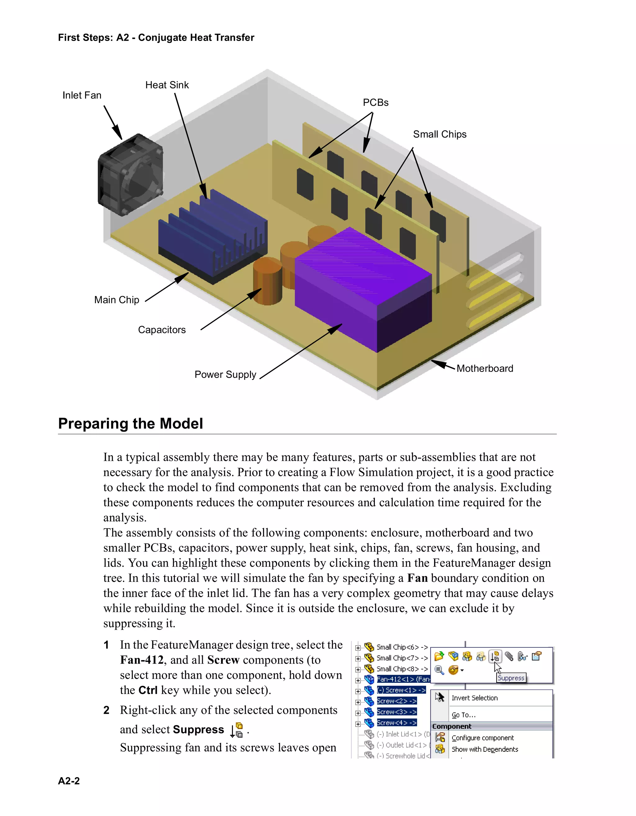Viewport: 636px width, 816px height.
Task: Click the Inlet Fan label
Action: click(x=82, y=95)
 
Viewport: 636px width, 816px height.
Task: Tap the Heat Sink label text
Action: click(x=167, y=85)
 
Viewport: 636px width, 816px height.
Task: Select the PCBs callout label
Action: click(x=375, y=103)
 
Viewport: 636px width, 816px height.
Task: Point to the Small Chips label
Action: click(x=439, y=134)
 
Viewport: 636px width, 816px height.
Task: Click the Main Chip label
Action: click(x=116, y=300)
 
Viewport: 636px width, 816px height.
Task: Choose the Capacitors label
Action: click(x=162, y=330)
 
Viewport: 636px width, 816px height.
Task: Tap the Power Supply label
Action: click(x=225, y=375)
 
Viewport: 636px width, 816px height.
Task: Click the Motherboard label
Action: click(x=485, y=369)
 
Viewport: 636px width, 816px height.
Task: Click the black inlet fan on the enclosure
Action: click(x=130, y=175)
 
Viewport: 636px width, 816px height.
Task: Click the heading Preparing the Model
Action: click(x=130, y=424)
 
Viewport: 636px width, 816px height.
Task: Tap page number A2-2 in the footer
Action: click(x=69, y=781)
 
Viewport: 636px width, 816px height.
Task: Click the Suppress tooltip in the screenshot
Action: click(x=511, y=678)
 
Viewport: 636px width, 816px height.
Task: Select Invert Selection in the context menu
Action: click(x=474, y=698)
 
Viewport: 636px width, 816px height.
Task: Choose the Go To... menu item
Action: click(x=463, y=715)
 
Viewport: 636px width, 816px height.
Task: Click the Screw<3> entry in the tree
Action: click(x=396, y=712)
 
